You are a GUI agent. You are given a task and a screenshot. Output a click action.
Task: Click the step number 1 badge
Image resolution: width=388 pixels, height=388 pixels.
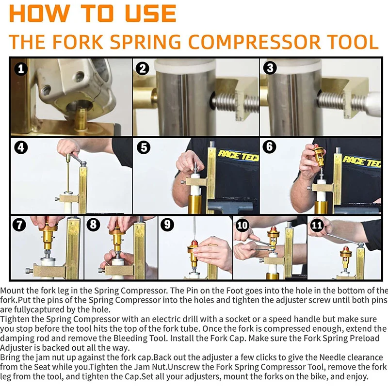pos(21,68)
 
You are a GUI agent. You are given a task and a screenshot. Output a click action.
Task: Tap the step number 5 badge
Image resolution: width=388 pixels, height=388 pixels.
pos(144,147)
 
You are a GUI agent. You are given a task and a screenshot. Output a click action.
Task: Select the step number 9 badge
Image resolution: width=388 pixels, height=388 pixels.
pos(167,225)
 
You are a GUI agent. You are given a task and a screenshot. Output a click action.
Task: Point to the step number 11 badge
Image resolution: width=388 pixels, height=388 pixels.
pos(317,225)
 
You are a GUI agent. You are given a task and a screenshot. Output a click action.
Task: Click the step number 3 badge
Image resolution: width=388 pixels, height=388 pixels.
pos(270,68)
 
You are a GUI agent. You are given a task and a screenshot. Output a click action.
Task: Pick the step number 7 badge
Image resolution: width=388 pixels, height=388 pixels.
pos(19,225)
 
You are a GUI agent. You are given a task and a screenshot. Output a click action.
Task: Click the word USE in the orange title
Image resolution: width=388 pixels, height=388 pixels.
pos(151,14)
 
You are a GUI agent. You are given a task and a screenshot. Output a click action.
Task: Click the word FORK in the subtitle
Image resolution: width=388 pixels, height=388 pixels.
pos(78,42)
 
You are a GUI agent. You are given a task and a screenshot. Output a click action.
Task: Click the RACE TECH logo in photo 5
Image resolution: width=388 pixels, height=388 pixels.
pos(238,155)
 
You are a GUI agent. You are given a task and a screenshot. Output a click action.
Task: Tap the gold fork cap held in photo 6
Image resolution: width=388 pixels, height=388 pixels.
pos(319,156)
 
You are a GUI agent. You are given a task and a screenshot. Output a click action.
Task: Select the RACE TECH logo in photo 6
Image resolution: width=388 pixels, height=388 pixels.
pos(362,161)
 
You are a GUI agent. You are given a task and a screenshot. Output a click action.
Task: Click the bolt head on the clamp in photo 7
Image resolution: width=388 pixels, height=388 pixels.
pos(29,271)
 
